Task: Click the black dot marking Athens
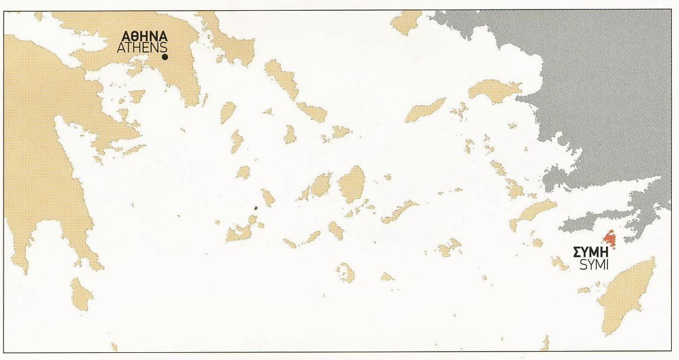(x=165, y=57)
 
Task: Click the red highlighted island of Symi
(x=610, y=241)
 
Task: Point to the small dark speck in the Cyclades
(x=257, y=208)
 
